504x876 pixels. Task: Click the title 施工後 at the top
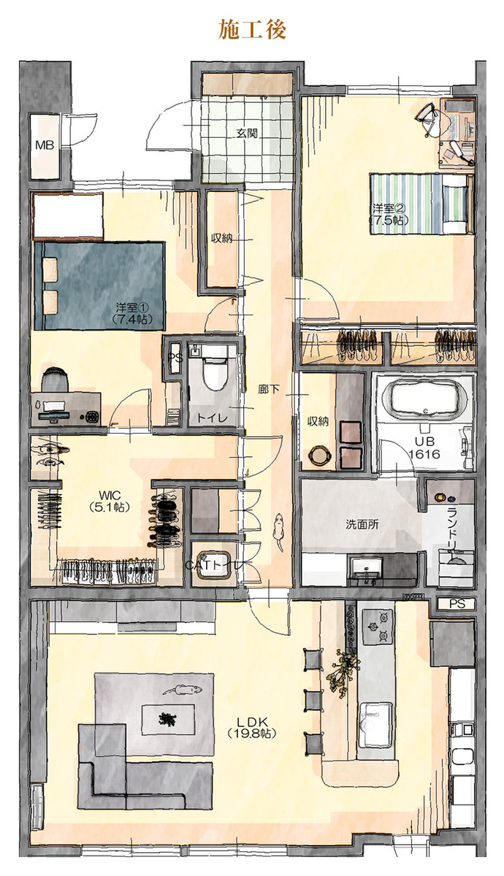tap(252, 30)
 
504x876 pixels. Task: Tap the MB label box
tap(45, 145)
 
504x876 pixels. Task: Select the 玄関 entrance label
tap(247, 134)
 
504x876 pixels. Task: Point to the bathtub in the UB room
tap(425, 398)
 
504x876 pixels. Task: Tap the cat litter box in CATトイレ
tap(213, 565)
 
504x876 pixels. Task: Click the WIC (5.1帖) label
tap(110, 501)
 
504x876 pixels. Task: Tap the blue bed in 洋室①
tap(99, 286)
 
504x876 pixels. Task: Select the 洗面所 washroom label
tap(362, 524)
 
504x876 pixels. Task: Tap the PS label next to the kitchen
tap(457, 604)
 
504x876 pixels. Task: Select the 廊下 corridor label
tap(269, 389)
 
